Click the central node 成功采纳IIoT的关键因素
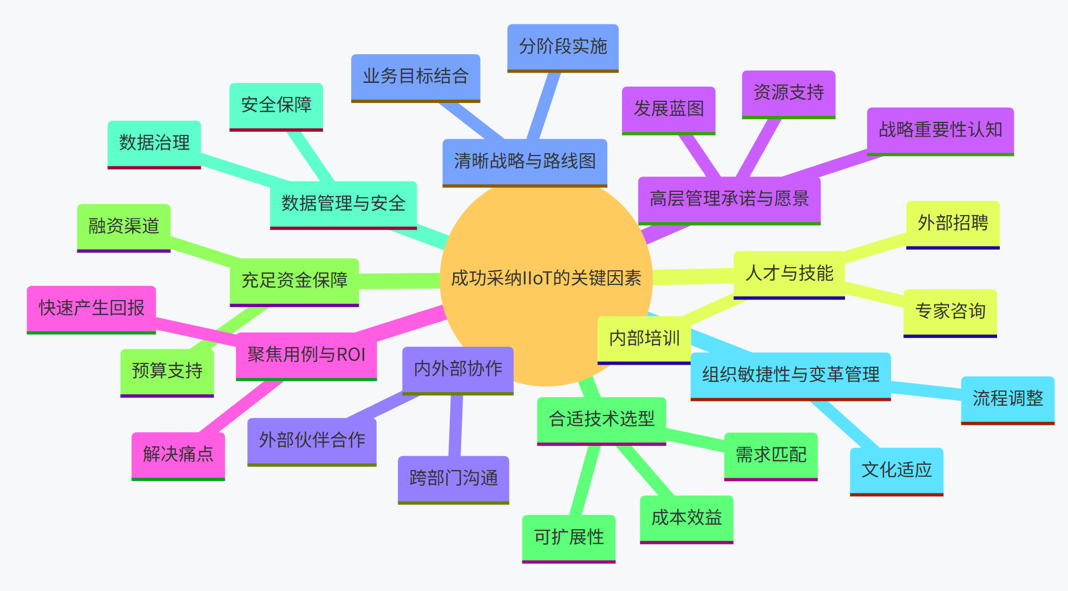pos(546,278)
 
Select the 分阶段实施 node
pos(562,47)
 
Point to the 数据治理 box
pos(154,144)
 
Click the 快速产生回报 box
pos(91,309)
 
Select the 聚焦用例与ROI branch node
pos(306,355)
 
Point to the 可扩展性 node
pos(568,538)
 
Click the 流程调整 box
pos(1007,399)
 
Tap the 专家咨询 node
pos(950,312)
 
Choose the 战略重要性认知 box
pos(940,131)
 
